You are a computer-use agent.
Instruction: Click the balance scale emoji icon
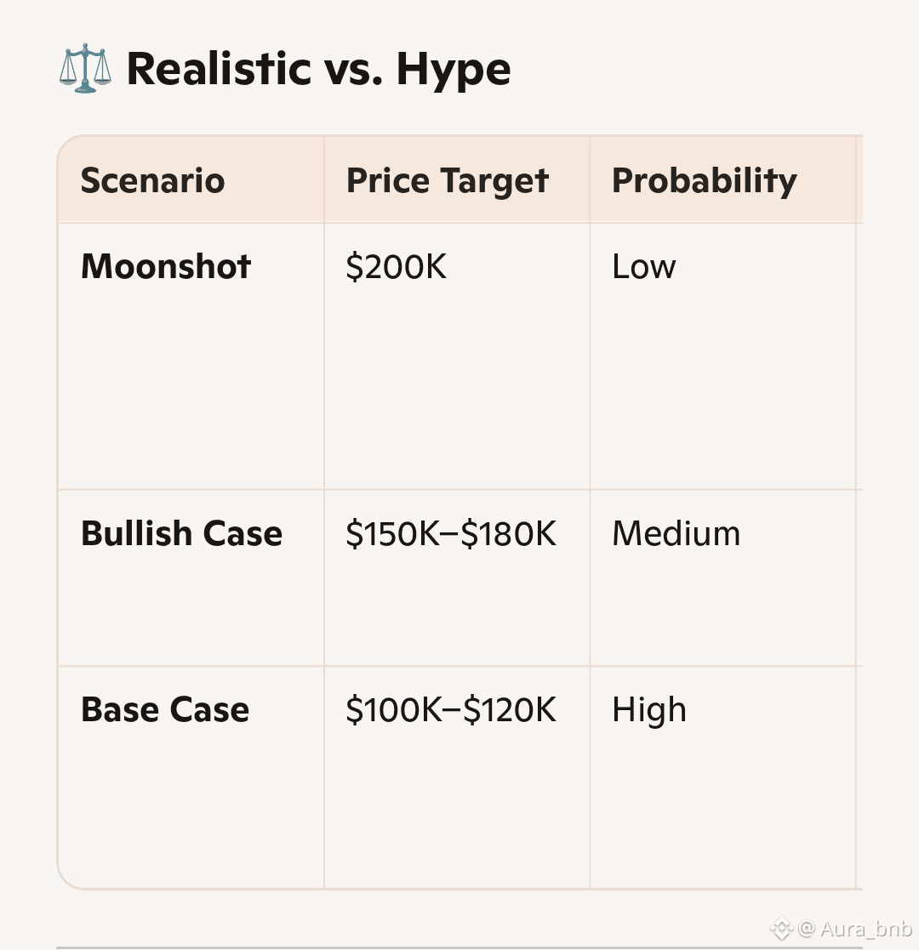[x=85, y=68]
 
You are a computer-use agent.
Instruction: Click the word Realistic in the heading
[x=219, y=68]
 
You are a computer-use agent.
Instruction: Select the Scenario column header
[x=153, y=180]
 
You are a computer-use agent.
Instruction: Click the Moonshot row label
[x=166, y=266]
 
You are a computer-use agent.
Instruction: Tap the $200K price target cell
[x=397, y=266]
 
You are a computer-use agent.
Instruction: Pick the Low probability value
[x=644, y=266]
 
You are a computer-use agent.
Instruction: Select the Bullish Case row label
[x=182, y=534]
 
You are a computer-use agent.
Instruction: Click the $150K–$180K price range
[x=451, y=534]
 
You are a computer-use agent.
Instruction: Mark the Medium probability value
[x=676, y=534]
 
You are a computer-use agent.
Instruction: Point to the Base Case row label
[x=165, y=709]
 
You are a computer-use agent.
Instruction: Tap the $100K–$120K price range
[x=451, y=709]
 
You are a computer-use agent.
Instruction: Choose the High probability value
[x=649, y=709]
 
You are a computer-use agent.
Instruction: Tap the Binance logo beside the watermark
[x=781, y=928]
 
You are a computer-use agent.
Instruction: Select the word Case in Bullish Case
[x=243, y=534]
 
